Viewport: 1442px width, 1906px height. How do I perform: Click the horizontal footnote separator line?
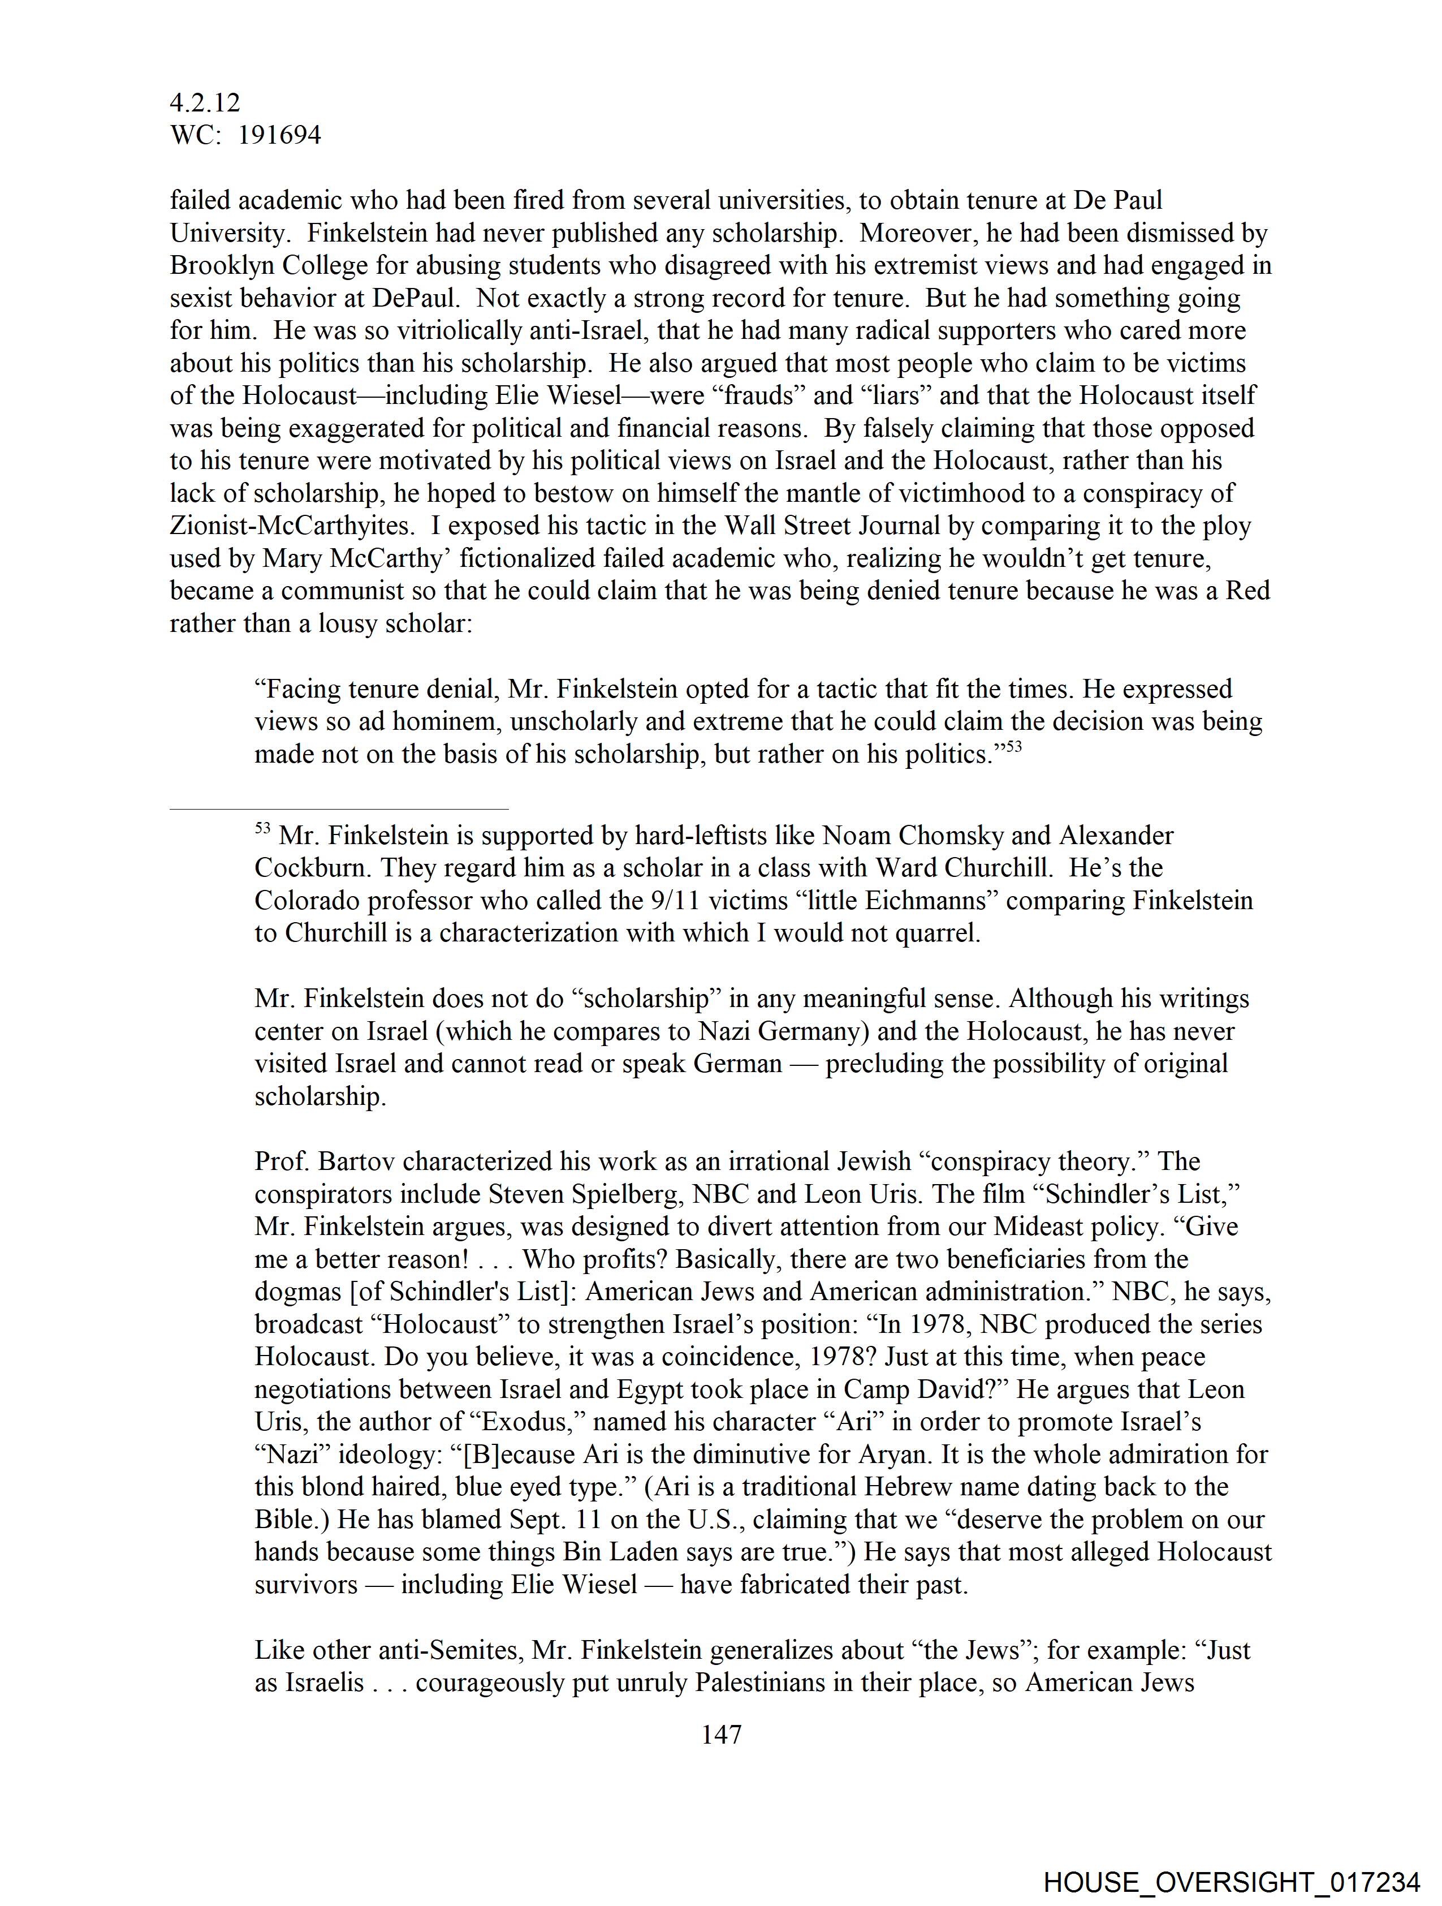[339, 809]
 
